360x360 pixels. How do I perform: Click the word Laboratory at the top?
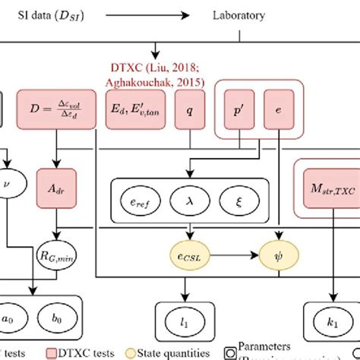(238, 14)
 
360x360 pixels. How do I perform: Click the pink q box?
(189, 111)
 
